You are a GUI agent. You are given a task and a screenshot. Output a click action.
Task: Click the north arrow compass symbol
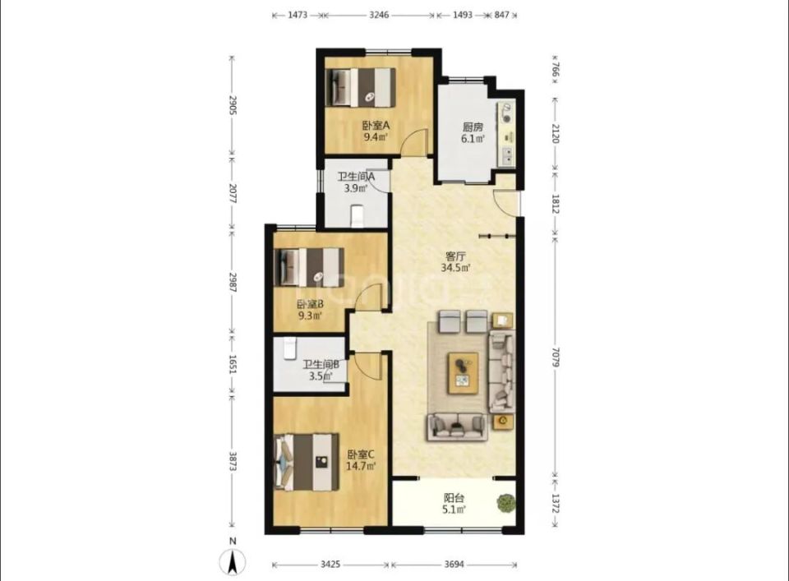pyautogui.click(x=233, y=561)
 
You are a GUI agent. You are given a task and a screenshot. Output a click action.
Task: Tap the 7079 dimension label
pyautogui.click(x=555, y=357)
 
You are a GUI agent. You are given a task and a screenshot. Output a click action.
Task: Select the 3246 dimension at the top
pyautogui.click(x=379, y=15)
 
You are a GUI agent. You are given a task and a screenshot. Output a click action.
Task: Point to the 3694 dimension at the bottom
pyautogui.click(x=454, y=565)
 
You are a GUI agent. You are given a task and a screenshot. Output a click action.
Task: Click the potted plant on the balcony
pyautogui.click(x=505, y=503)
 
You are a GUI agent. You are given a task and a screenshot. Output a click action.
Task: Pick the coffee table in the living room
pyautogui.click(x=464, y=373)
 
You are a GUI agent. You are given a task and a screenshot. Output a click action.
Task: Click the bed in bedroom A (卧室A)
pyautogui.click(x=360, y=87)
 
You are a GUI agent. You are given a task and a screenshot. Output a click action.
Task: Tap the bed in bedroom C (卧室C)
pyautogui.click(x=307, y=463)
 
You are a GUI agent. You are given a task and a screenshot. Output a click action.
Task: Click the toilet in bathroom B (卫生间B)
pyautogui.click(x=289, y=348)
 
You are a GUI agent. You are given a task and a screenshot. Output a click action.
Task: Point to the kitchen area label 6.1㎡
pyautogui.click(x=473, y=139)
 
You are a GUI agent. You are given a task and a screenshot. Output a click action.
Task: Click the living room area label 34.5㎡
pyautogui.click(x=455, y=268)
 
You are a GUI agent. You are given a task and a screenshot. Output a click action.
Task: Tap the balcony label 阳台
pyautogui.click(x=454, y=498)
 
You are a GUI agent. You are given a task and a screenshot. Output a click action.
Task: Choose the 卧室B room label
pyautogui.click(x=310, y=304)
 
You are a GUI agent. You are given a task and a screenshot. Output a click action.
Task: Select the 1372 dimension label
pyautogui.click(x=555, y=504)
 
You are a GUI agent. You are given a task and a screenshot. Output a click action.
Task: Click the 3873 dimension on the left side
pyautogui.click(x=233, y=461)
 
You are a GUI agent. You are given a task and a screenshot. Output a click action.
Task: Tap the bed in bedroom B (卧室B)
pyautogui.click(x=310, y=267)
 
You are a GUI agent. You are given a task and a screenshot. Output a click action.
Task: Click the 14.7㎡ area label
pyautogui.click(x=361, y=466)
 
